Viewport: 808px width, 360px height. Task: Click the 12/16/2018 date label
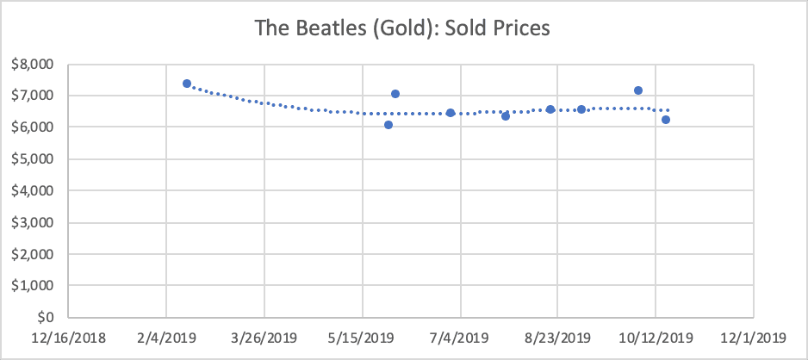[68, 337]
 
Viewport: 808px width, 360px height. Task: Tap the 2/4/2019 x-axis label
[166, 337]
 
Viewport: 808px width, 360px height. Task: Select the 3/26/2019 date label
[264, 337]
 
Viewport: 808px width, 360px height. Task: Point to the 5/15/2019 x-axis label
[362, 337]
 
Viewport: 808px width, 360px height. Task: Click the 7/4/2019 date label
[460, 337]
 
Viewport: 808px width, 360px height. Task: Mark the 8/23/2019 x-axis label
[557, 337]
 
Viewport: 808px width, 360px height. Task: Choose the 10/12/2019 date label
[656, 337]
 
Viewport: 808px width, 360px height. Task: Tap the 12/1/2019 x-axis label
[754, 337]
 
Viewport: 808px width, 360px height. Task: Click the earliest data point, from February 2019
[187, 84]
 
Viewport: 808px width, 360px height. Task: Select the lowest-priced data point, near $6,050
[388, 125]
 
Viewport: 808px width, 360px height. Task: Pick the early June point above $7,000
[395, 94]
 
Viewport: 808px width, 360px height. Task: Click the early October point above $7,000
[638, 90]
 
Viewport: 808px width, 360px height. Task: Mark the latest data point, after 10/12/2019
[666, 120]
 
